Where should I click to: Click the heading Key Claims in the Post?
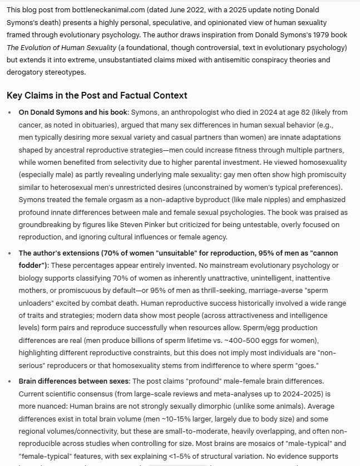pos(97,95)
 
